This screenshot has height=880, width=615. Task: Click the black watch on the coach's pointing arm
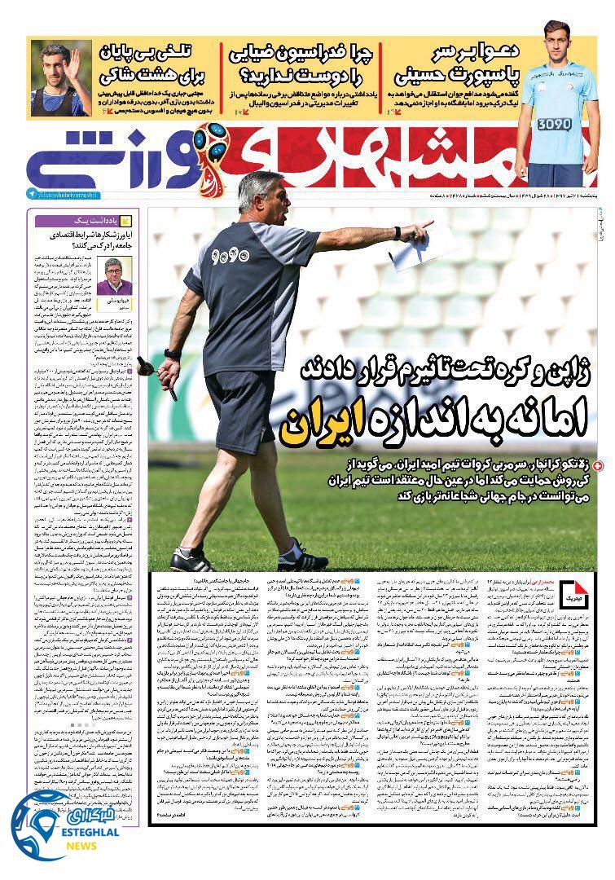[x=397, y=233]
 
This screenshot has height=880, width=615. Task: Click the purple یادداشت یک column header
[x=81, y=220]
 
